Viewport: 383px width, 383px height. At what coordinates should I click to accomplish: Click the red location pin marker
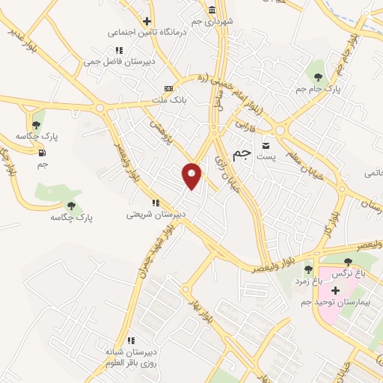point(192,176)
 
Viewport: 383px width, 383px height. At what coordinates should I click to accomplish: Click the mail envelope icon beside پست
point(266,146)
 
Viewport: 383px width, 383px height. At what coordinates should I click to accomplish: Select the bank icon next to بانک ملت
point(178,88)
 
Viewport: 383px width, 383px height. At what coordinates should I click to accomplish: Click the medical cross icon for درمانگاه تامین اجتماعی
point(147,21)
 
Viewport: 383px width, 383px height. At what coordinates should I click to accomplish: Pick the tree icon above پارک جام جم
point(318,76)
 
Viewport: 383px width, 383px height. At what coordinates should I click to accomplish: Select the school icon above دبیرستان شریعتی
point(156,203)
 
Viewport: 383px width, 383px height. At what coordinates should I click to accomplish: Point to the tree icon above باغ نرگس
point(348,262)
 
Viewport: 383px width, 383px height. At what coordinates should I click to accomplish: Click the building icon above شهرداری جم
point(212,10)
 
